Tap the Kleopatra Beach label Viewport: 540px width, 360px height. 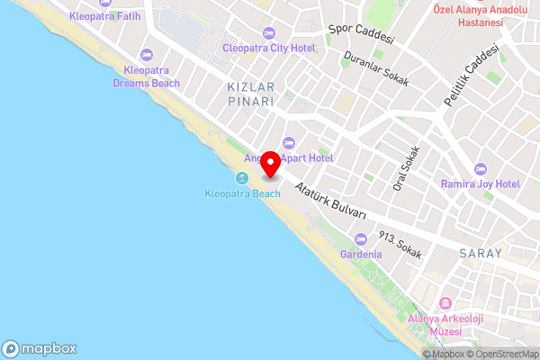click(x=242, y=193)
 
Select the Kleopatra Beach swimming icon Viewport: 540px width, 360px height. click(x=242, y=178)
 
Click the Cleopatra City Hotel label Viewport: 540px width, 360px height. click(x=269, y=47)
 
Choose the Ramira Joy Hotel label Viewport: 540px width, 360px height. click(x=481, y=184)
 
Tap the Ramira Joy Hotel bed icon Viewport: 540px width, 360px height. click(x=481, y=169)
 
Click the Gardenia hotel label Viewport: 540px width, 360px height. click(x=361, y=255)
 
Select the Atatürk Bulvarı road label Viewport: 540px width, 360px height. click(x=330, y=201)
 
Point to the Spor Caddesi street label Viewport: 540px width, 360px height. click(x=361, y=34)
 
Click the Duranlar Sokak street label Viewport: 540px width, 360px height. click(x=376, y=68)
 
